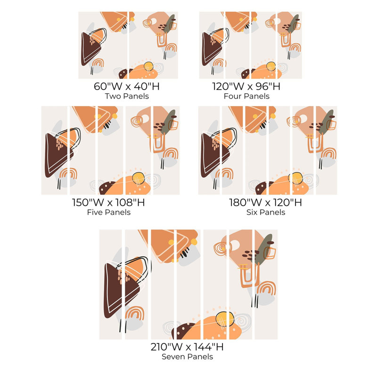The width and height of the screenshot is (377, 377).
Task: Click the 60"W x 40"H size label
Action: (127, 86)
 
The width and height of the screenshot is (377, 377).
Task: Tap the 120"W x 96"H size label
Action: (246, 86)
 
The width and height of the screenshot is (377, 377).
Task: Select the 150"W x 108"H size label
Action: (108, 203)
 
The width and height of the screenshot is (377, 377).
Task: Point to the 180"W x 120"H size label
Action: (265, 203)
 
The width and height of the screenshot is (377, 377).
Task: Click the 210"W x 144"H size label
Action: (187, 347)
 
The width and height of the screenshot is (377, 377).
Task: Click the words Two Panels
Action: (127, 96)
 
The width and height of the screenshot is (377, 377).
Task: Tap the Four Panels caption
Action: (246, 96)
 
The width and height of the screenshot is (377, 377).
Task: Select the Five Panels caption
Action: (109, 213)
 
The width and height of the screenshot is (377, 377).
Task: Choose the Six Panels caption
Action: (266, 213)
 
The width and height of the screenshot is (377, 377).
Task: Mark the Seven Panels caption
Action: (187, 357)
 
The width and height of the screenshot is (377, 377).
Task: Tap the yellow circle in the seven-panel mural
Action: (225, 319)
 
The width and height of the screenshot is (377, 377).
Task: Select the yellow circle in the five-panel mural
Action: (138, 179)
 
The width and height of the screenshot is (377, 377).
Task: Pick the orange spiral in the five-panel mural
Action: (137, 122)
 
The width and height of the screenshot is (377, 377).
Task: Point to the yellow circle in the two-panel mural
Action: (148, 66)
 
